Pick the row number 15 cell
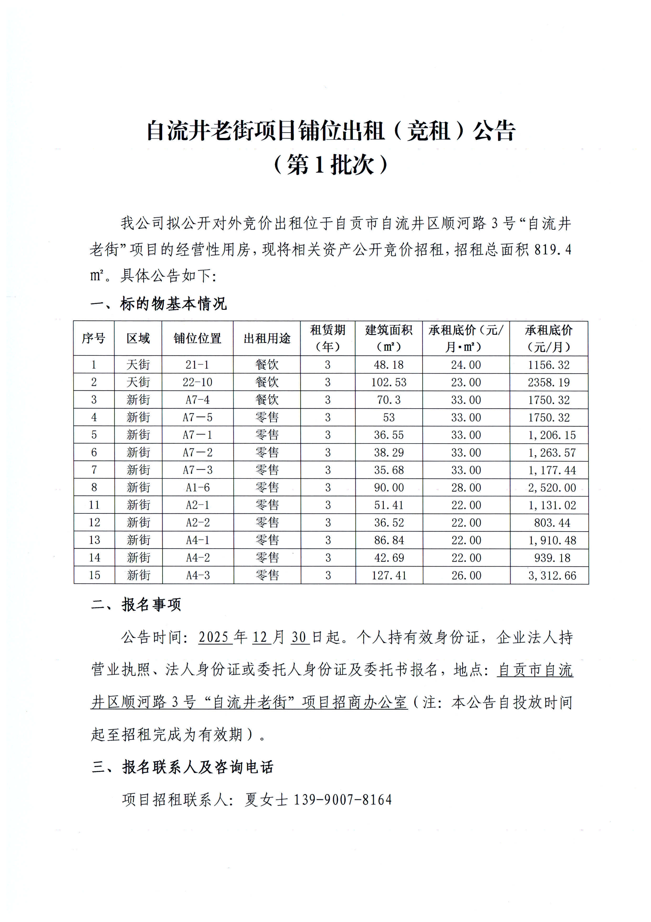coord(94,575)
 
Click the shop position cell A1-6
coord(197,488)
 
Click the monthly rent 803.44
coord(552,522)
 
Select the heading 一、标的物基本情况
coord(159,304)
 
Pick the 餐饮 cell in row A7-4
coord(267,400)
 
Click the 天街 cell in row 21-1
coord(138,365)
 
